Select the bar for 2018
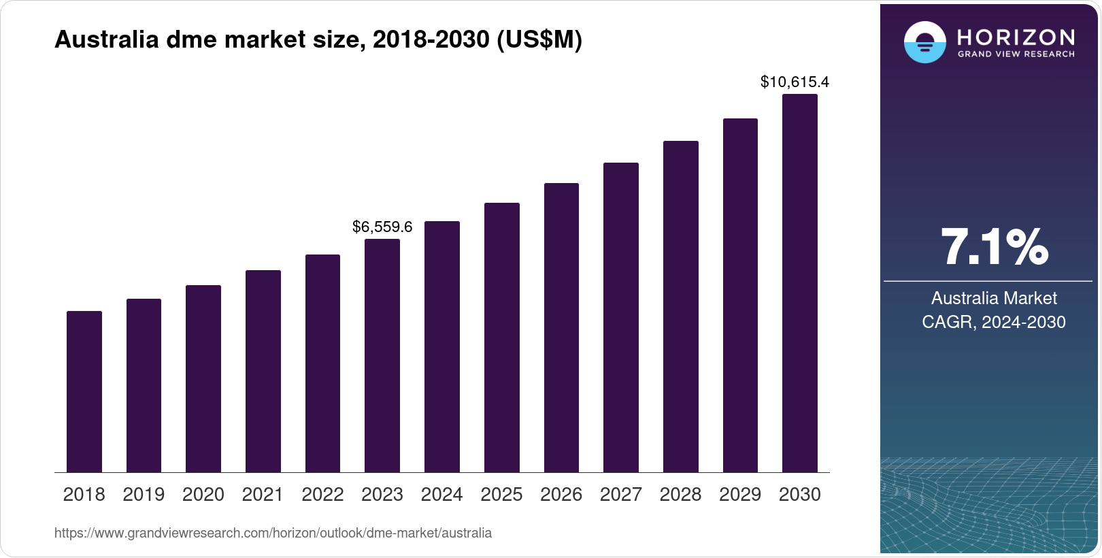tap(84, 391)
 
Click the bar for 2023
tap(382, 355)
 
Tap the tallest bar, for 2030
tap(800, 283)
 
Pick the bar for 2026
tap(561, 327)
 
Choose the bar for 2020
tap(203, 378)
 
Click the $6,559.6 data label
tap(382, 227)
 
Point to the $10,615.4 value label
tap(795, 82)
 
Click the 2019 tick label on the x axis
tap(144, 495)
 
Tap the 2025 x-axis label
tap(501, 495)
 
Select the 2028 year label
tap(680, 495)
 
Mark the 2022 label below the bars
tap(322, 495)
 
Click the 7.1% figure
tap(994, 248)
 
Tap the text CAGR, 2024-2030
tap(994, 322)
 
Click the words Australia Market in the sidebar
tap(994, 298)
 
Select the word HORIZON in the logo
tap(1016, 37)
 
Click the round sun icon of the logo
tap(924, 42)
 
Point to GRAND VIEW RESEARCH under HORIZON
tap(1016, 54)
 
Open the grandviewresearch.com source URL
tap(273, 533)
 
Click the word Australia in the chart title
tap(107, 39)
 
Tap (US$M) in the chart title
tap(539, 39)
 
